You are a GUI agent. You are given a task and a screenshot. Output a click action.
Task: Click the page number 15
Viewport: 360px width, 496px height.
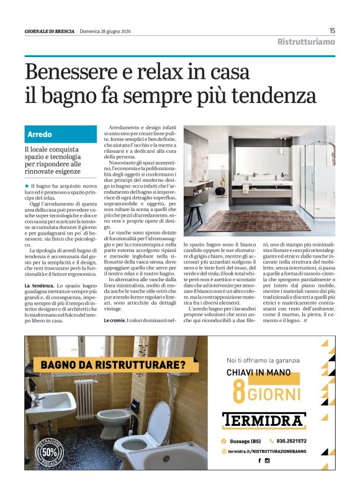332,30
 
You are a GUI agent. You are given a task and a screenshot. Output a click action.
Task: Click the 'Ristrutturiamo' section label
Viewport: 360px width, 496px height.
306,42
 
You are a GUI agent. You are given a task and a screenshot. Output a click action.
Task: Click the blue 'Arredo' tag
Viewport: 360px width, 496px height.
40,134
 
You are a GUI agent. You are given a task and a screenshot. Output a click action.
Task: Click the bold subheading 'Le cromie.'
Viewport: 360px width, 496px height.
115,320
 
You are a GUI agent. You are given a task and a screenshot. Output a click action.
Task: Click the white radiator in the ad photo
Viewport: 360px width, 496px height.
84,398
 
